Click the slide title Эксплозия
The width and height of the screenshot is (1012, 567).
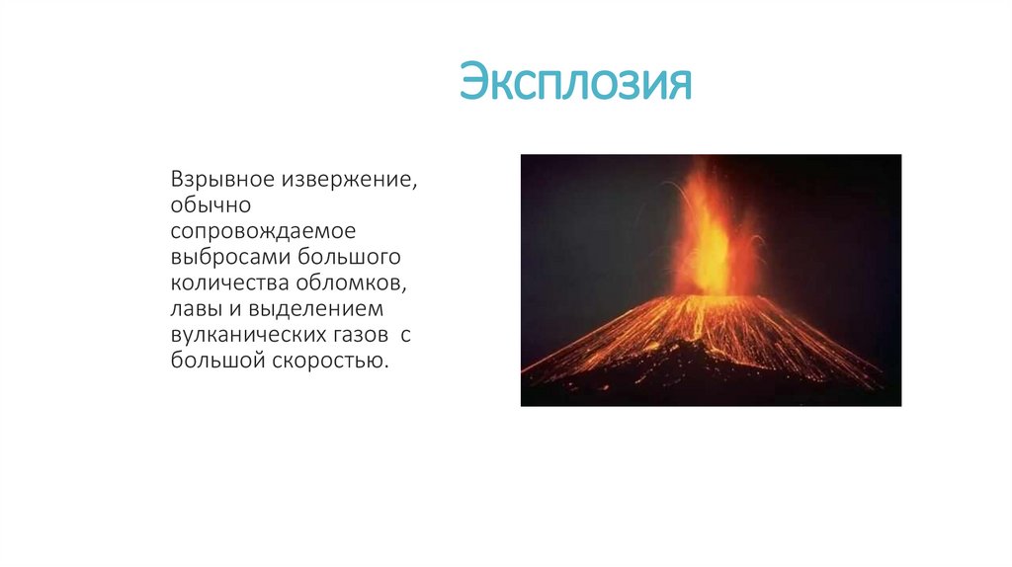coord(575,83)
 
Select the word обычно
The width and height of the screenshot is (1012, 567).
coord(212,207)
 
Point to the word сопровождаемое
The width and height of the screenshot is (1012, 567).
coord(263,233)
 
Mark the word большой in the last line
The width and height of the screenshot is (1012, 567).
coord(213,362)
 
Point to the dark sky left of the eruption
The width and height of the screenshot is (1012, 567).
coord(583,227)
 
